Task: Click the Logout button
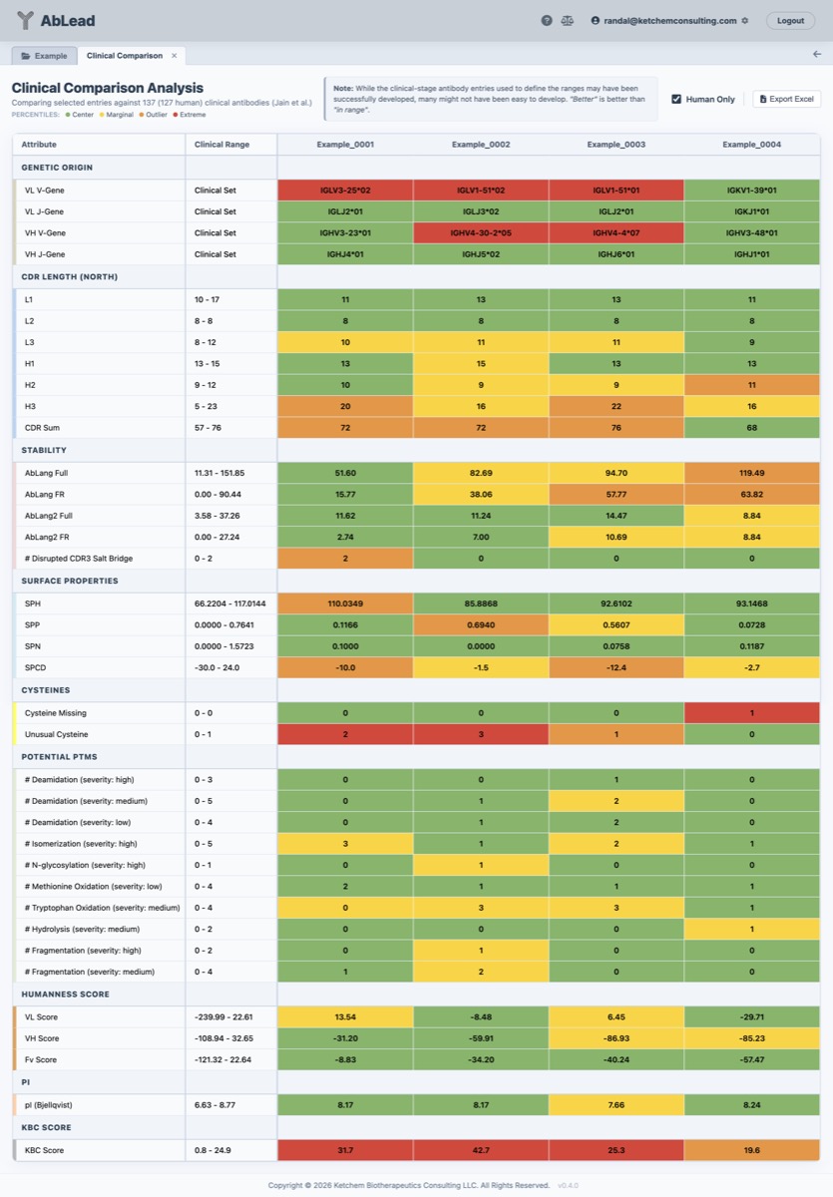[790, 20]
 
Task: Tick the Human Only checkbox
[676, 99]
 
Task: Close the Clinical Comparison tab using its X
[174, 56]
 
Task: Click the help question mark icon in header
[547, 20]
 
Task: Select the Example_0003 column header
[616, 145]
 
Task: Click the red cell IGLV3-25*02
[344, 190]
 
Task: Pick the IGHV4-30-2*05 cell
[480, 232]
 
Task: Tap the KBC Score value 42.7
[480, 1150]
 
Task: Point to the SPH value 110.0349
[344, 603]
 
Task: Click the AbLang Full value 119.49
[751, 473]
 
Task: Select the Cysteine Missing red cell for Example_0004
[751, 713]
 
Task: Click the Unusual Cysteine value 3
[480, 734]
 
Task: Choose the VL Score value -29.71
[751, 1016]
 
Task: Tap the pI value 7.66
[616, 1104]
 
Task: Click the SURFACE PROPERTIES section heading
[70, 581]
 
